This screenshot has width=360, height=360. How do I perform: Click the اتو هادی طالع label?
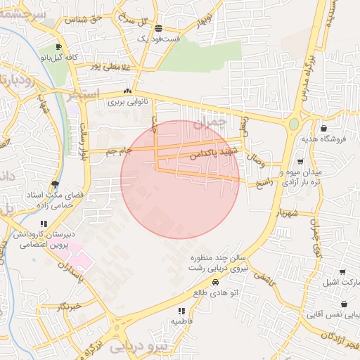216,292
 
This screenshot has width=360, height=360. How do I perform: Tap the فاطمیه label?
181,321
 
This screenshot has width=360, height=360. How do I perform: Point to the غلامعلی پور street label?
111,67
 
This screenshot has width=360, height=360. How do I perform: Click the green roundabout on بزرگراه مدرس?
293,124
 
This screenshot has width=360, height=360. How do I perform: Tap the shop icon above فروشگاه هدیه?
323,129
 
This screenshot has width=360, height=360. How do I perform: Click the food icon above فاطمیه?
181,310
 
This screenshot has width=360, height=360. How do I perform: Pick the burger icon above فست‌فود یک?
159,29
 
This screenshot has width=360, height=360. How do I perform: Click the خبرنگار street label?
70,307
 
